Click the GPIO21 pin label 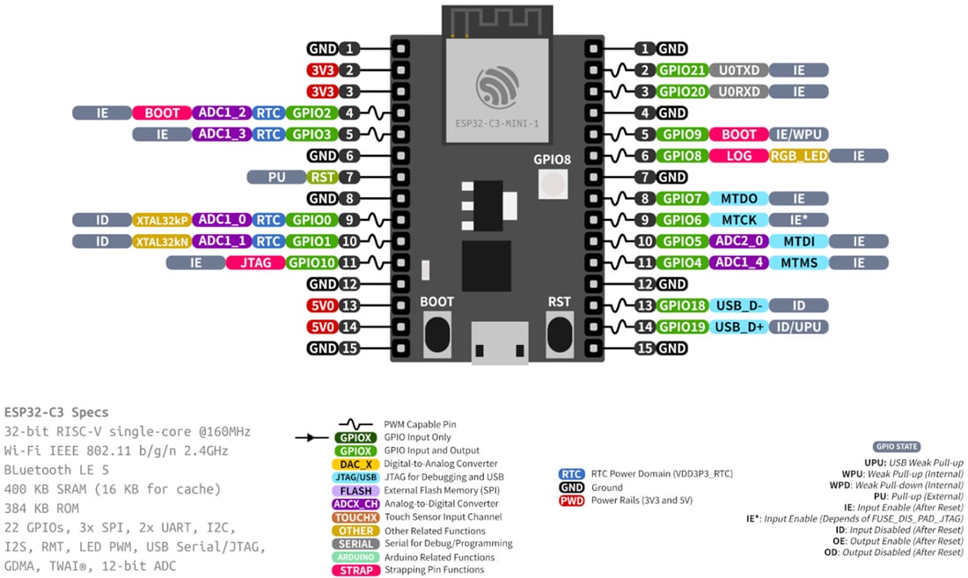(682, 70)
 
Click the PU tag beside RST (276, 177)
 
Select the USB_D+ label (739, 326)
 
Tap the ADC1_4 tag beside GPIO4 (739, 262)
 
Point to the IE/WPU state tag (799, 135)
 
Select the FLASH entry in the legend (356, 490)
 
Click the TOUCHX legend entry (356, 516)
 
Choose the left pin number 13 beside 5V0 (349, 305)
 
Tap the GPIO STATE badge (895, 446)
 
